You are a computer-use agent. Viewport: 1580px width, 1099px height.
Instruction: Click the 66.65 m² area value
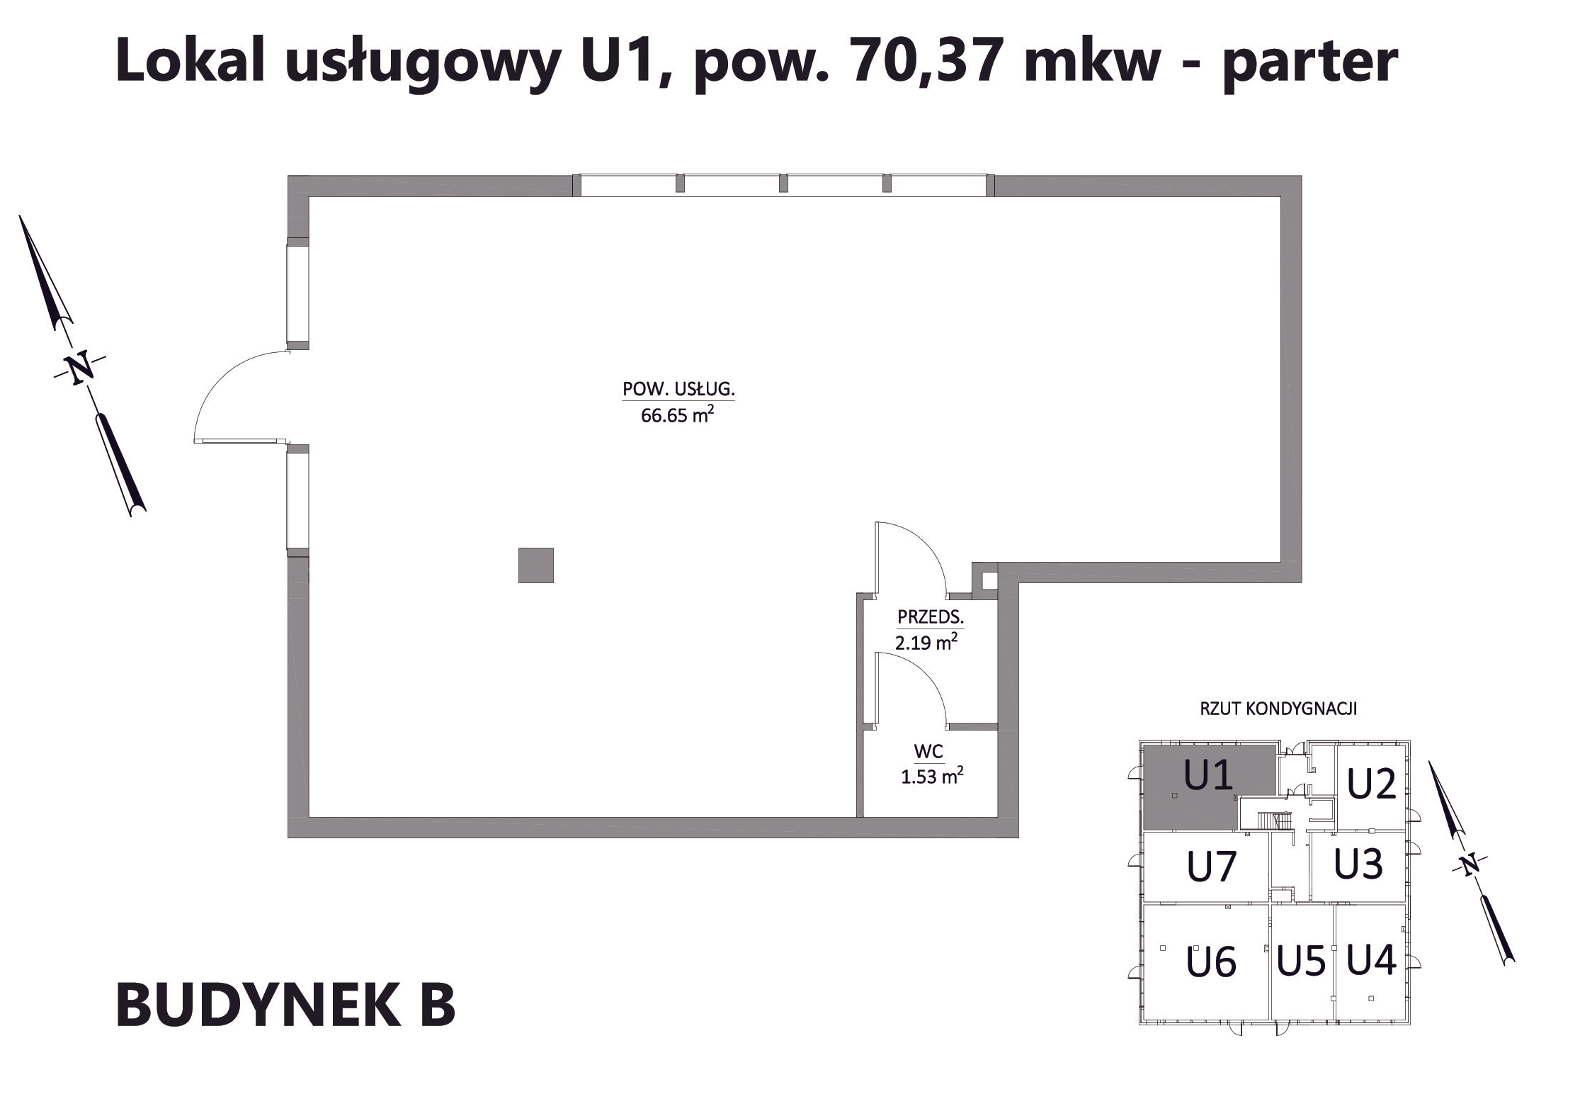click(x=676, y=415)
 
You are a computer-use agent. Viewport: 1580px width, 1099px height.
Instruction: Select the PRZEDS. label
click(x=931, y=617)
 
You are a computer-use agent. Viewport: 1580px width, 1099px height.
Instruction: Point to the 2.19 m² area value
click(x=926, y=642)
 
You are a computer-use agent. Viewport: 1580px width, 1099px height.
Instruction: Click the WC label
click(x=929, y=750)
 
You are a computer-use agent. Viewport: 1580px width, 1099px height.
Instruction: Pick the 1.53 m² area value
click(x=932, y=776)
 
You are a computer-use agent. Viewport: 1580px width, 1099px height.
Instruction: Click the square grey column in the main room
click(x=535, y=565)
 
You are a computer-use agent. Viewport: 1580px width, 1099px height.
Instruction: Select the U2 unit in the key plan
click(x=1371, y=784)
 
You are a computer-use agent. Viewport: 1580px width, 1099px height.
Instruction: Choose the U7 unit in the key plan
click(x=1212, y=867)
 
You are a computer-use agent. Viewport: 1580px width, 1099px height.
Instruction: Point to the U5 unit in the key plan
click(x=1301, y=962)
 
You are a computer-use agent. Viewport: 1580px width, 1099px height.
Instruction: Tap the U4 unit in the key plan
click(x=1371, y=960)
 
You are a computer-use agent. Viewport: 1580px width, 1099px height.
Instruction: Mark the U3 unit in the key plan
click(x=1358, y=864)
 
